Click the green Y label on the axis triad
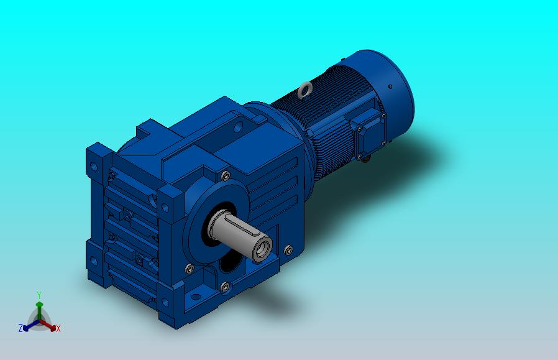click(39, 295)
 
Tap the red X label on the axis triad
click(58, 328)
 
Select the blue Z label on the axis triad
click(21, 328)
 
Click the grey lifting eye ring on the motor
click(305, 90)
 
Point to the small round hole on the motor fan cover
click(390, 86)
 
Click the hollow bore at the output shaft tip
click(263, 249)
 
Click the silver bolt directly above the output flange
click(226, 175)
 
